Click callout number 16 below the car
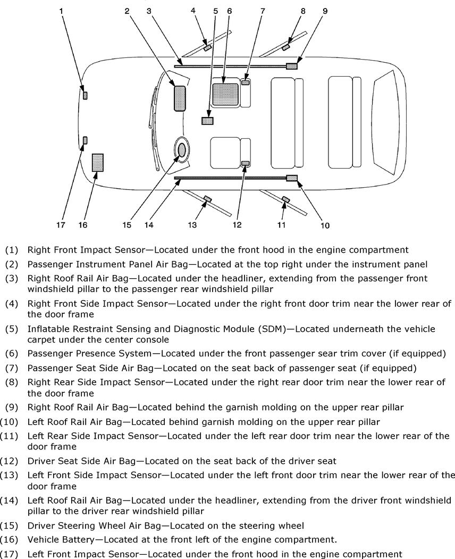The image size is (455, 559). tap(83, 225)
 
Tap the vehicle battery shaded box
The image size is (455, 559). tap(98, 163)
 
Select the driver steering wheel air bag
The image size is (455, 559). tap(182, 150)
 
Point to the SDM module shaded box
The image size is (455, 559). tap(207, 121)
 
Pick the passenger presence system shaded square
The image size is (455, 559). tap(225, 94)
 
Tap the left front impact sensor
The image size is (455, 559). tap(85, 140)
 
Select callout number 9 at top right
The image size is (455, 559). tap(325, 10)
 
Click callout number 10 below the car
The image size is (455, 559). tap(325, 226)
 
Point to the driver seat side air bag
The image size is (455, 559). tap(246, 163)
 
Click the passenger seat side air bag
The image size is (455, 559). tap(246, 82)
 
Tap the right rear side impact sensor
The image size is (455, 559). tap(286, 47)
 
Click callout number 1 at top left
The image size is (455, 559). tap(62, 10)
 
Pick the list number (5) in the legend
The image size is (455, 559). tap(12, 329)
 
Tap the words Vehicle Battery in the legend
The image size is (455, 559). tap(58, 539)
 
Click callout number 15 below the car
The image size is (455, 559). tap(127, 225)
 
